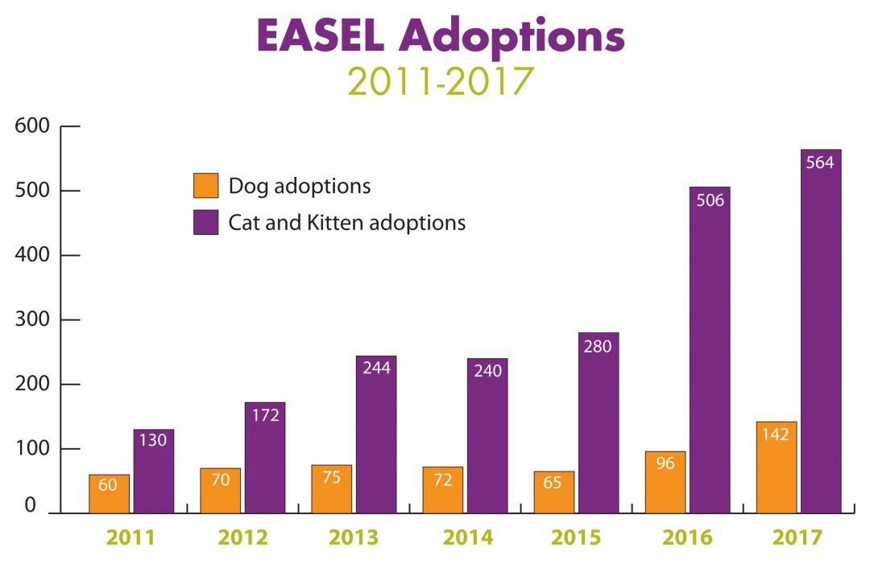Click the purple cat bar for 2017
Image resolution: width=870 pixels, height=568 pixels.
click(x=821, y=331)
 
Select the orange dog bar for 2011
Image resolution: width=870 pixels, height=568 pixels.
click(x=109, y=493)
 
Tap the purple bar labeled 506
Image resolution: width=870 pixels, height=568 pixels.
click(x=710, y=350)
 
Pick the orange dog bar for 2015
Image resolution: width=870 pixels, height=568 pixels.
click(x=553, y=492)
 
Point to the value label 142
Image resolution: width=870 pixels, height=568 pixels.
click(x=777, y=434)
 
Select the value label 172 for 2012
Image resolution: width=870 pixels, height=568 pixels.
click(x=265, y=415)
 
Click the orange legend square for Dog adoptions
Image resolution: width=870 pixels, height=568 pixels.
click(x=205, y=185)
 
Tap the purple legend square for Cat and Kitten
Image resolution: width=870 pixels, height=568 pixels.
click(x=205, y=222)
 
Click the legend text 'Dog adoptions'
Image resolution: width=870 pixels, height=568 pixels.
click(x=300, y=186)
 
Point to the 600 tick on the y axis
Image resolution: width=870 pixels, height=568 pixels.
click(x=33, y=126)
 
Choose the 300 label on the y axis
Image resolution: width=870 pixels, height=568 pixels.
click(x=33, y=319)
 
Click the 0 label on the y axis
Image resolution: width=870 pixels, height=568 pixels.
click(x=30, y=506)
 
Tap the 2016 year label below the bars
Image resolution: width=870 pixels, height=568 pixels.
click(x=687, y=537)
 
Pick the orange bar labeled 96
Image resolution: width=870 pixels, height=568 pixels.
click(x=665, y=482)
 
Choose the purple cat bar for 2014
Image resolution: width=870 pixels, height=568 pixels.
click(x=487, y=435)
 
